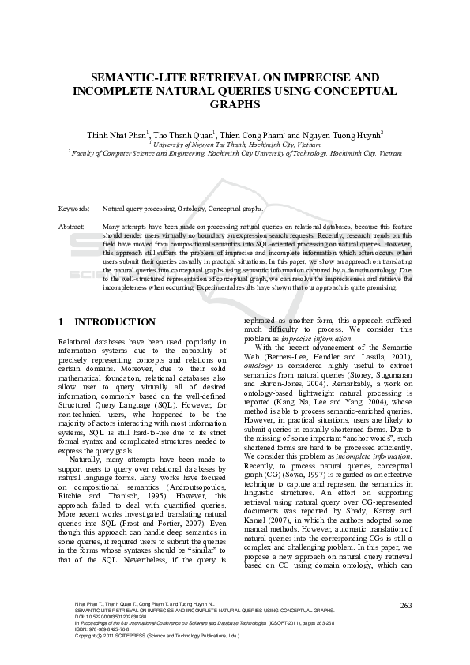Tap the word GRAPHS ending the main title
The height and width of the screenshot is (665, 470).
(x=234, y=103)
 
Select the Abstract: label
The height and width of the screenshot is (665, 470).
(x=72, y=227)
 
